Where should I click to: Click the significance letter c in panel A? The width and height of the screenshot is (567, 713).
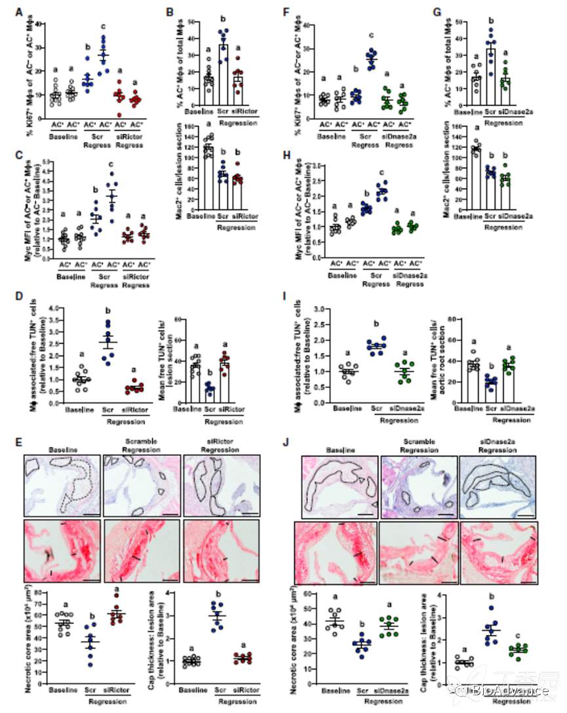[102, 26]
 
